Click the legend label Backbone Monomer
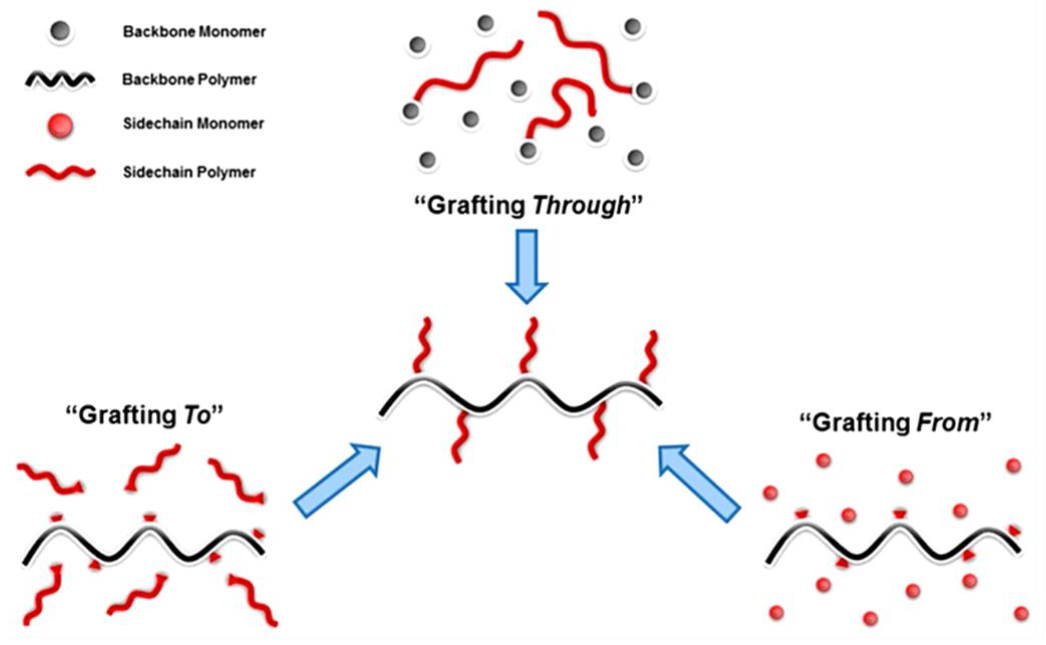(194, 32)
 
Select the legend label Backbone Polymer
(189, 79)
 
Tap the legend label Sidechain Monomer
(193, 124)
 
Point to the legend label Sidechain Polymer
(189, 172)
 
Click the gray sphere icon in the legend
(60, 32)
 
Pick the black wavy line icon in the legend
(60, 80)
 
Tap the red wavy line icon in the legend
(60, 172)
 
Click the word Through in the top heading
(581, 206)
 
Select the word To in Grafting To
(198, 415)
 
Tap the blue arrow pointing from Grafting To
(337, 481)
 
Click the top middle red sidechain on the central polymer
(529, 345)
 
